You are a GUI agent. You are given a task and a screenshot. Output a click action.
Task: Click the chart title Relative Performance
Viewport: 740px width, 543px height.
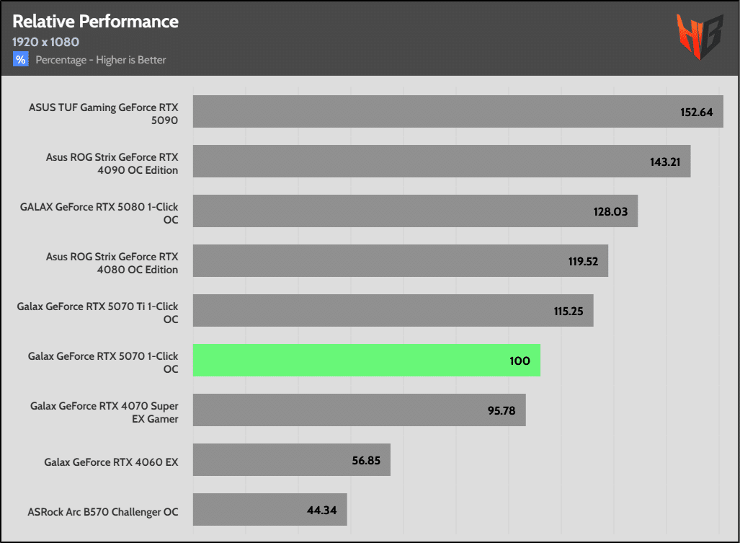95,21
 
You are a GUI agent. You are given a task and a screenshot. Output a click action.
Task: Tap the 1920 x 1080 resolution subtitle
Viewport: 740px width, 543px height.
45,42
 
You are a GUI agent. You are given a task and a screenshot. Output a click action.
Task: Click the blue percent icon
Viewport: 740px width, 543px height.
20,60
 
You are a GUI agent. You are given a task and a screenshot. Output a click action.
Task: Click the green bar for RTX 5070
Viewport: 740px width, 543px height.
366,360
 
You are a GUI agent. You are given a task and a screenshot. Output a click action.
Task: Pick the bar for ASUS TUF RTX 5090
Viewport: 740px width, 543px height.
458,112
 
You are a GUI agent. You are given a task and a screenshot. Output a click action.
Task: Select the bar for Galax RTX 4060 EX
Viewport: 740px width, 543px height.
291,460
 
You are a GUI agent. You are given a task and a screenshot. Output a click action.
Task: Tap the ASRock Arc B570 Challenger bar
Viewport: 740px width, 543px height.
269,510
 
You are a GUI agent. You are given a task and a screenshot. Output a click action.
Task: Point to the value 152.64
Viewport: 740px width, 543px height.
696,112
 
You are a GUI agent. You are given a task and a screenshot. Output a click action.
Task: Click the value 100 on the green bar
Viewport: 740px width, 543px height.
520,361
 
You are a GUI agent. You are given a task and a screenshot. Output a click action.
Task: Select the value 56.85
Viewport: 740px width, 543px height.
365,460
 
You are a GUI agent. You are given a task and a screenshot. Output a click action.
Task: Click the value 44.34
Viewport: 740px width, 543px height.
322,510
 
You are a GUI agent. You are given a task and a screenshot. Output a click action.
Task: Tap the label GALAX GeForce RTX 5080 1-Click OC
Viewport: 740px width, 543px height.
99,213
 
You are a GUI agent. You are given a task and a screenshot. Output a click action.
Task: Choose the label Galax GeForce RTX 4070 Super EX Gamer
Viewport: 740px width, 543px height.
104,412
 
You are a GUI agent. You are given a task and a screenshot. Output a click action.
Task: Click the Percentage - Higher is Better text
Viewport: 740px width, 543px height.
101,60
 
